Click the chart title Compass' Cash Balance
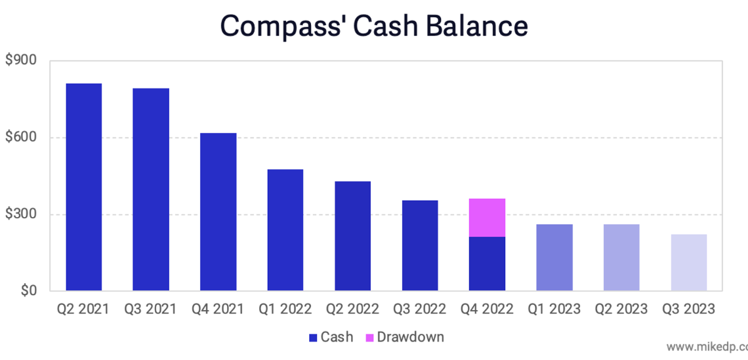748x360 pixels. click(373, 26)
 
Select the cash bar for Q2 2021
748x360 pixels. click(83, 187)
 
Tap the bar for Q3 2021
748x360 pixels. click(151, 190)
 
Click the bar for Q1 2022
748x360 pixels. click(285, 230)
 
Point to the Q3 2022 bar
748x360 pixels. click(420, 245)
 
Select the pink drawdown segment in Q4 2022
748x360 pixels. click(487, 218)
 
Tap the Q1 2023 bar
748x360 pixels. click(554, 258)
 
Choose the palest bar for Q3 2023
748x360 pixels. click(689, 262)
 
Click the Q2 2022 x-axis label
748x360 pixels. click(352, 309)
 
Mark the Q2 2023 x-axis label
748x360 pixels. click(621, 309)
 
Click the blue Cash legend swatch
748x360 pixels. click(313, 338)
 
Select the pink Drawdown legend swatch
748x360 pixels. click(369, 338)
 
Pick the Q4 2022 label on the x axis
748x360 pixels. click(487, 309)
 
